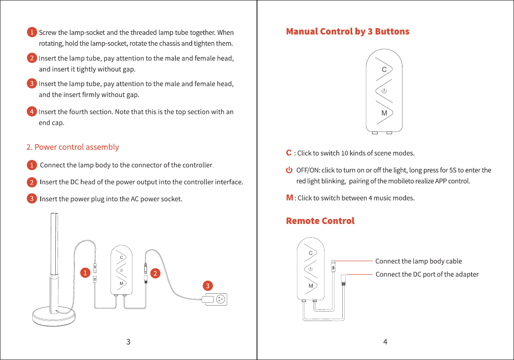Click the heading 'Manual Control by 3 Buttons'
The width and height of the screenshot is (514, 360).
point(347,31)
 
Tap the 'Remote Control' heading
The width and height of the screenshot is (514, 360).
point(320,221)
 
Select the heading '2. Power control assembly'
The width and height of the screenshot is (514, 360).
point(73,147)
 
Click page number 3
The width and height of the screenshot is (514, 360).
point(128,342)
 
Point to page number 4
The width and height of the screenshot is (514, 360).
point(385,342)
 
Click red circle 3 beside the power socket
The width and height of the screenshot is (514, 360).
point(207,286)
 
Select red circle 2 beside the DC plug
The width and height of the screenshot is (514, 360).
point(155,273)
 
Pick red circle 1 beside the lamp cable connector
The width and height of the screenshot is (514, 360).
point(84,273)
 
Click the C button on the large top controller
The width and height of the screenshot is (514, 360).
point(384,69)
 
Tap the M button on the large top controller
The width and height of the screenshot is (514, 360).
point(384,113)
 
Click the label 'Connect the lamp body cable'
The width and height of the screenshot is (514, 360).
point(418,261)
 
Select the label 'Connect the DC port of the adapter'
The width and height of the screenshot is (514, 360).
point(427,274)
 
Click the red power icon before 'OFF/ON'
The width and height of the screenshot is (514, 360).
point(289,170)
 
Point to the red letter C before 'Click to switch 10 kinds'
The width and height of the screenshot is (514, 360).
point(289,153)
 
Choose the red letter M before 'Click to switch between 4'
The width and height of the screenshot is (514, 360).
point(289,198)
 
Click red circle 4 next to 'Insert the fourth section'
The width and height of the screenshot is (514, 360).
point(31,111)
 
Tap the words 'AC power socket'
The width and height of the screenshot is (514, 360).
point(156,199)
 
